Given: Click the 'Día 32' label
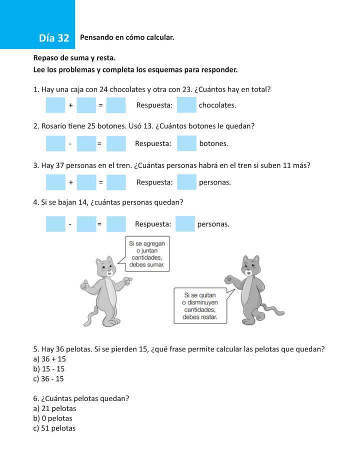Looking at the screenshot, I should click(54, 38).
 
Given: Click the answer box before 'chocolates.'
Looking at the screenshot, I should click(186, 105).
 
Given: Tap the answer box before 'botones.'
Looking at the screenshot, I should click(186, 143).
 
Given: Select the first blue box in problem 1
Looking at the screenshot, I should click(55, 105).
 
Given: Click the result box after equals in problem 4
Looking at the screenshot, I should click(116, 224).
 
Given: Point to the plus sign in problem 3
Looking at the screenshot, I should click(71, 182).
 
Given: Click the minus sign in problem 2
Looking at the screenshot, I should click(70, 144).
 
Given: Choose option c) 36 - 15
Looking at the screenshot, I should click(48, 378).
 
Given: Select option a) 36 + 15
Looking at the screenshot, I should click(49, 359).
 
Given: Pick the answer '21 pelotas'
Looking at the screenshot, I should click(54, 408).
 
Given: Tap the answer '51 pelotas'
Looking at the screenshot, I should click(54, 428).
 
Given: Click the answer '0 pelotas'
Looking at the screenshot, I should click(52, 418).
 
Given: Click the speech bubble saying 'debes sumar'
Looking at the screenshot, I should click(146, 254).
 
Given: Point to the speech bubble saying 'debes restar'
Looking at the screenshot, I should click(199, 305).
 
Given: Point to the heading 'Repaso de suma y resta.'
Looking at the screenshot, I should click(74, 58).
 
